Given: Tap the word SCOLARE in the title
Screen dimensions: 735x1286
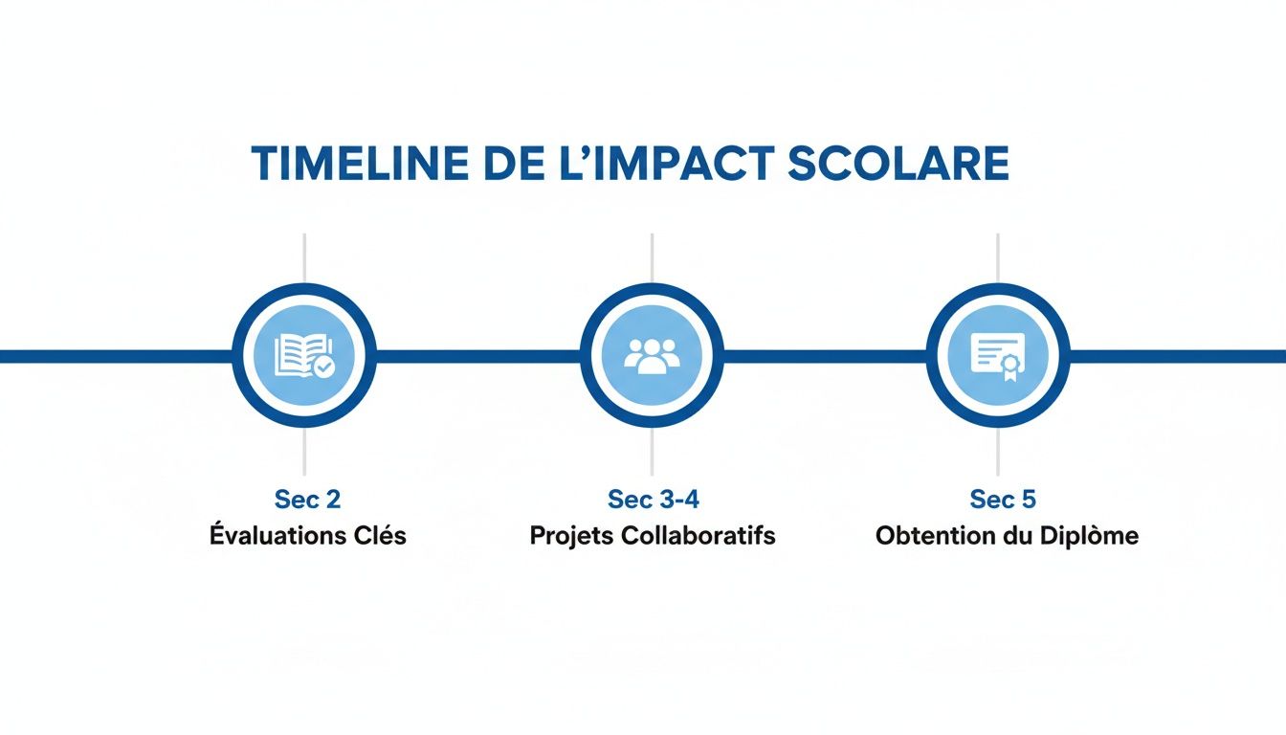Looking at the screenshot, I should coord(898,165).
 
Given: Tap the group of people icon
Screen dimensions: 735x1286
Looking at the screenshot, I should coord(652,356).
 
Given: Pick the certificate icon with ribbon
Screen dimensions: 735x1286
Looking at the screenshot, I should coord(997,356).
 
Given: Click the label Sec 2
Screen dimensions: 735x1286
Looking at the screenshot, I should coord(307,499).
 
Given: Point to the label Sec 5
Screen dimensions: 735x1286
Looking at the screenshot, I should coord(1003,499).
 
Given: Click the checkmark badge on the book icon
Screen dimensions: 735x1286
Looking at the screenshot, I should coord(325,366).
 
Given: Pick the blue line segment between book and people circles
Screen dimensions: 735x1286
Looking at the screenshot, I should coord(478,356).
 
